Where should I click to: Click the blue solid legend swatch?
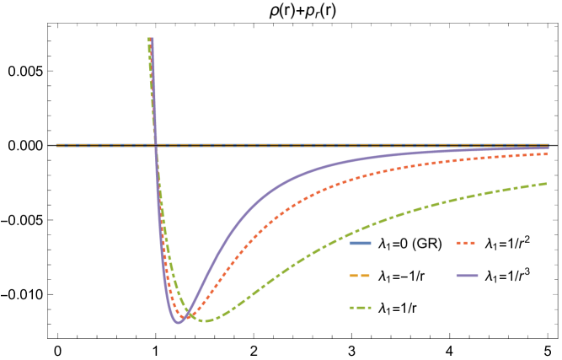360,243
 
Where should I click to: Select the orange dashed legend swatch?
360,276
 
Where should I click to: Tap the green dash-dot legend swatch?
360,308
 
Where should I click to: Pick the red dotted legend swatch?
466,243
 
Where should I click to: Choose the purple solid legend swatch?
467,276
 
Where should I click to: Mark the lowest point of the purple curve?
179,322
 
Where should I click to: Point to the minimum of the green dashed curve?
206,321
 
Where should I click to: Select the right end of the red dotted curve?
548,153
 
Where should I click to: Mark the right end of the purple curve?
549,148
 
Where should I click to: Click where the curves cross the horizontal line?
156,145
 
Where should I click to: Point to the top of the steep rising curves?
150,39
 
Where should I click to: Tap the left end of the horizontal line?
57,145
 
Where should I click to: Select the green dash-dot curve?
337,238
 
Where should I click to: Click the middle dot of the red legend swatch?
466,243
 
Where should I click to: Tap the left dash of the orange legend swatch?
353,276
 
